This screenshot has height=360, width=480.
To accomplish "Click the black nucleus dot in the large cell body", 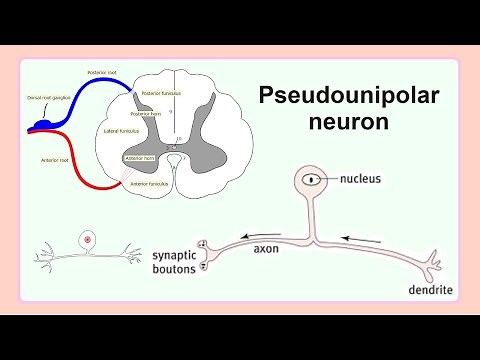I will [313, 180].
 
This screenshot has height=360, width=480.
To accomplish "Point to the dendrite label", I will [431, 290].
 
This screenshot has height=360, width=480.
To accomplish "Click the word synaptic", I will [180, 255].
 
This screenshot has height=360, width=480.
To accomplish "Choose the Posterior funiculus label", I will [162, 93].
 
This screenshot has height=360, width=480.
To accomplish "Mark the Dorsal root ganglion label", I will [47, 98].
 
